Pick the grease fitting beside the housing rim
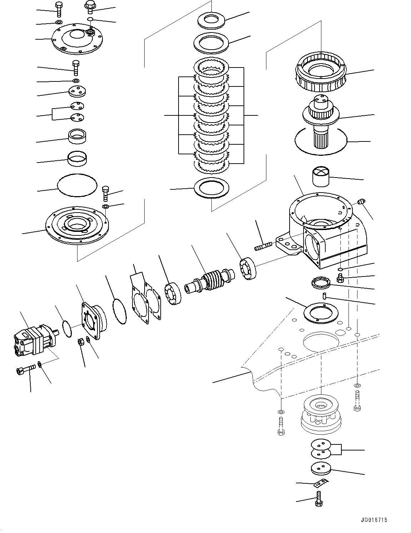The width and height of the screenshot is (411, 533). click(361, 203)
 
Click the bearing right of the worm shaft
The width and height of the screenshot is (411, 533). click(247, 268)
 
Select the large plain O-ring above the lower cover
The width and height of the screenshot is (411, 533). click(77, 185)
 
